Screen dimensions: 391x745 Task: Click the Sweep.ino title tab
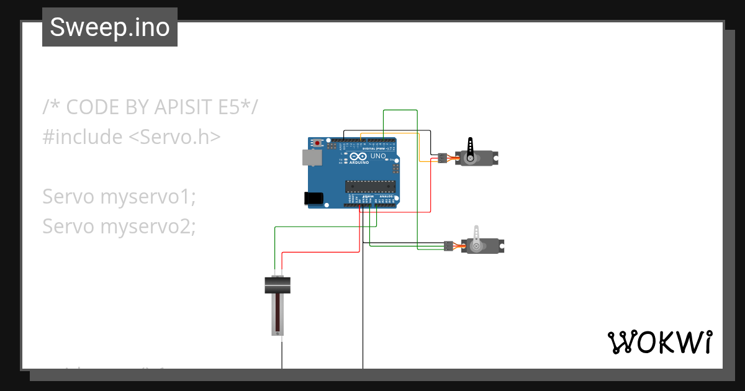coord(110,27)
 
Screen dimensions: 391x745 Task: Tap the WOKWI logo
coord(659,342)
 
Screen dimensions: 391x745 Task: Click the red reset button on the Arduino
coord(318,143)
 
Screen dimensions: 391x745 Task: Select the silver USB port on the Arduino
coord(312,157)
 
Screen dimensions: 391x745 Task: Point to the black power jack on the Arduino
coord(314,198)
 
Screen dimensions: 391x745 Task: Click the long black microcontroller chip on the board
coord(370,186)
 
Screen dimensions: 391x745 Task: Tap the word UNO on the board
coord(378,156)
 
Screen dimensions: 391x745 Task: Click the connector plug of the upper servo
coord(442,158)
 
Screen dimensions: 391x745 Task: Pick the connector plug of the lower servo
coord(449,246)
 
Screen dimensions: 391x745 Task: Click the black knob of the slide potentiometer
coord(278,285)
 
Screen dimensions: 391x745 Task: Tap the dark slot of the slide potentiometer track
coord(278,313)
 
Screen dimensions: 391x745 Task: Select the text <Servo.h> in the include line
coord(174,137)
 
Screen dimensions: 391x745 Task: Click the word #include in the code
coord(83,137)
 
